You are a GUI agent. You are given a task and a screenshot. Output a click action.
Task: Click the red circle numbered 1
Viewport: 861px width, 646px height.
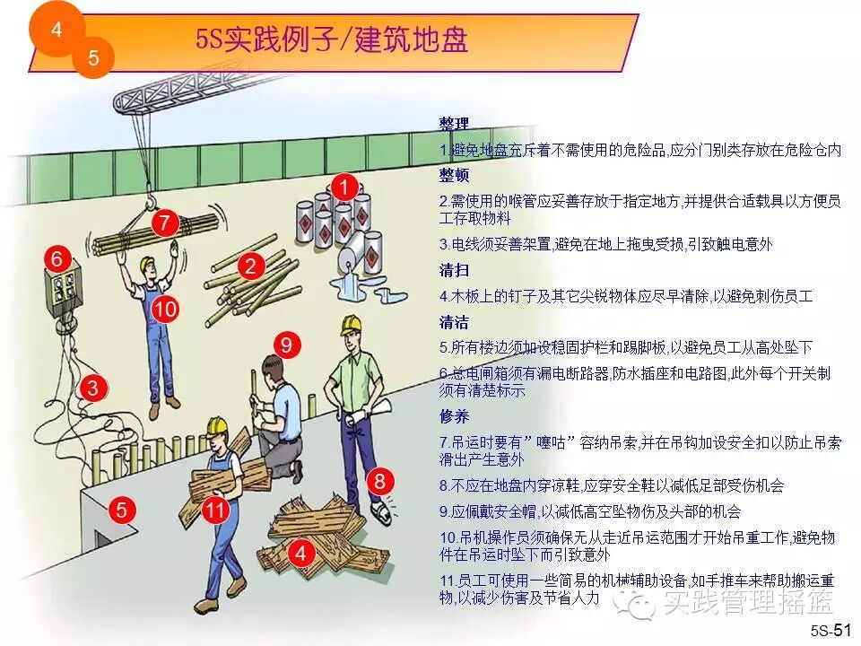tap(344, 188)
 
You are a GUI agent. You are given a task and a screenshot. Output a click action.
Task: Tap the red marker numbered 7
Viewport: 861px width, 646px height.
tap(165, 223)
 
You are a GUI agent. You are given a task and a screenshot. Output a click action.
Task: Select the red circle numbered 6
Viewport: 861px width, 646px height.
tap(57, 258)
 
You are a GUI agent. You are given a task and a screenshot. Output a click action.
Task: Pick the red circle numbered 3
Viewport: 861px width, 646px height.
tap(92, 388)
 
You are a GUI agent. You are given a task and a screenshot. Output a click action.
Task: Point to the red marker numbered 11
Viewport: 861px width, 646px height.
tap(215, 511)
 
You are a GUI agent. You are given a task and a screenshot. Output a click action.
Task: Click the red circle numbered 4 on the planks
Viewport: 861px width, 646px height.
tap(300, 552)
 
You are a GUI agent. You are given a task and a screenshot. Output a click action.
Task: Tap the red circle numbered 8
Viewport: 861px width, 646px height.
tap(380, 482)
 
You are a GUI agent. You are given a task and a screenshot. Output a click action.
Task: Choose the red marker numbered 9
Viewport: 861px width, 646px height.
tap(287, 345)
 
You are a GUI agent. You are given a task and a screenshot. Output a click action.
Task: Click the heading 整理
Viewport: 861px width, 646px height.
tap(454, 123)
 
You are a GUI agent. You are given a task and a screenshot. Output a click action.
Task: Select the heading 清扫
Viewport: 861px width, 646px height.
tap(454, 270)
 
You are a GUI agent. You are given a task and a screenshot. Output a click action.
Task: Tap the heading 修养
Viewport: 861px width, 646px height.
tap(454, 416)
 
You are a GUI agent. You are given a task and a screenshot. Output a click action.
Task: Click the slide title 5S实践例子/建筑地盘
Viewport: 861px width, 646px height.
tap(332, 39)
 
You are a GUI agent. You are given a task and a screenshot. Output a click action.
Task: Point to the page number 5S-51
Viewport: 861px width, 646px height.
tap(831, 630)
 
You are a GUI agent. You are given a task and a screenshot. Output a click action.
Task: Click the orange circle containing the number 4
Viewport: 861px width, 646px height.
tap(57, 29)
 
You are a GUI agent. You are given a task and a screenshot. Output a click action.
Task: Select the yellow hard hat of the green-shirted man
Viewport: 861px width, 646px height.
tap(351, 324)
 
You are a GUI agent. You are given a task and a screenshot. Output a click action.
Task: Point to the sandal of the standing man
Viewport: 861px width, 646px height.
tap(381, 511)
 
